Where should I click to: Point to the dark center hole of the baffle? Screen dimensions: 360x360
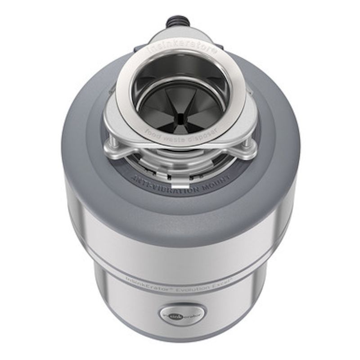click(180, 118)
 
